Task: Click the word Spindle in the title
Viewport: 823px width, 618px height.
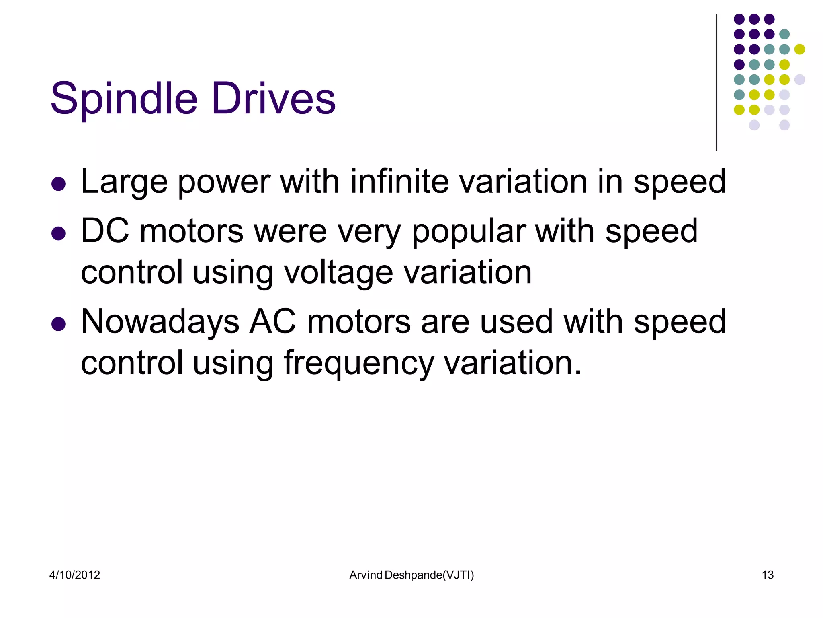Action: (124, 99)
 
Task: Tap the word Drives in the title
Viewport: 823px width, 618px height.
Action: (273, 99)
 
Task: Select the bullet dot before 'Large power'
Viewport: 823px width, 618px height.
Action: (59, 184)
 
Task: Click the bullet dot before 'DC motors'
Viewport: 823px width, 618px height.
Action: (59, 233)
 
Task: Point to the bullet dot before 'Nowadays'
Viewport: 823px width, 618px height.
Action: (59, 324)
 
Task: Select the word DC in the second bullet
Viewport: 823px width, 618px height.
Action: (105, 231)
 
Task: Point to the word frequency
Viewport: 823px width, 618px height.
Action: (358, 364)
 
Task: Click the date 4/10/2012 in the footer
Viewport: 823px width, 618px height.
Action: (75, 575)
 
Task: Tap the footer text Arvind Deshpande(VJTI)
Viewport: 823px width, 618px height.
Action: (411, 575)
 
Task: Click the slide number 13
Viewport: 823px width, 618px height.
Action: (768, 575)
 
